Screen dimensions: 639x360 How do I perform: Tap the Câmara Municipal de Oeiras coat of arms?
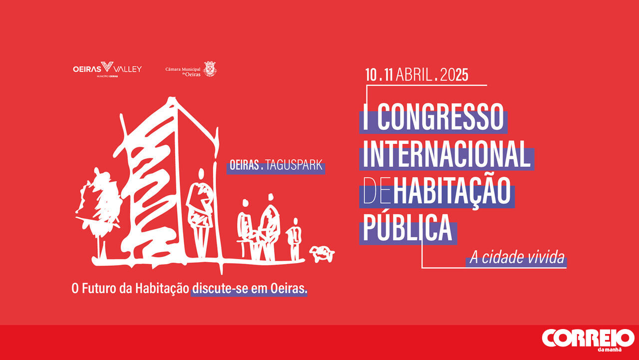click(210, 69)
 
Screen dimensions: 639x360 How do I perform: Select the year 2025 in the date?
click(454, 75)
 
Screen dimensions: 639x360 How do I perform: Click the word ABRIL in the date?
click(414, 75)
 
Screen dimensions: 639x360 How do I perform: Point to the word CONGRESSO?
click(441, 117)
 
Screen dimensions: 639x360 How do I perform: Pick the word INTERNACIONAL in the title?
click(446, 154)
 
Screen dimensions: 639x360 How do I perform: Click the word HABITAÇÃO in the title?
click(452, 191)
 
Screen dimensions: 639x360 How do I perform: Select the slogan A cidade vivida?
click(517, 257)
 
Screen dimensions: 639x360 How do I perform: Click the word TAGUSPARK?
click(294, 165)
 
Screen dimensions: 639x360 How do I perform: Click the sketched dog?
click(322, 254)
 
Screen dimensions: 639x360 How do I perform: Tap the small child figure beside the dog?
click(295, 239)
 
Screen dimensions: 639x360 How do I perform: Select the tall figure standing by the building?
click(201, 213)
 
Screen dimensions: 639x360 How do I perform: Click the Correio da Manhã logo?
click(588, 340)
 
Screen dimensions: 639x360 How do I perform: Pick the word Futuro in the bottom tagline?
click(99, 289)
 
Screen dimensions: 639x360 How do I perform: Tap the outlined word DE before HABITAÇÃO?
click(377, 191)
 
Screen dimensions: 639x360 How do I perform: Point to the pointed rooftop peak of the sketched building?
click(172, 99)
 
